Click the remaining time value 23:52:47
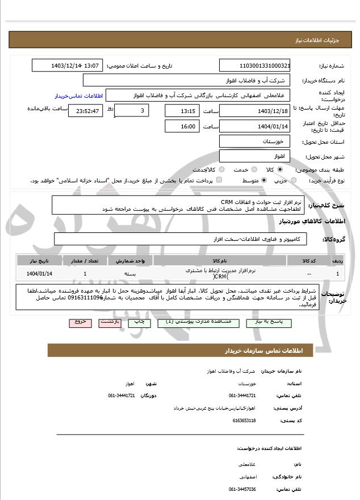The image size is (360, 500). pyautogui.click(x=85, y=111)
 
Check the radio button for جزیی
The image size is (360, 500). pyautogui.click(x=294, y=180)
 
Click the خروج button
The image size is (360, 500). pyautogui.click(x=79, y=322)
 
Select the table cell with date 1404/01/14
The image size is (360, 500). pyautogui.click(x=39, y=273)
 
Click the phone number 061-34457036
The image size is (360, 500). pyautogui.click(x=242, y=489)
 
